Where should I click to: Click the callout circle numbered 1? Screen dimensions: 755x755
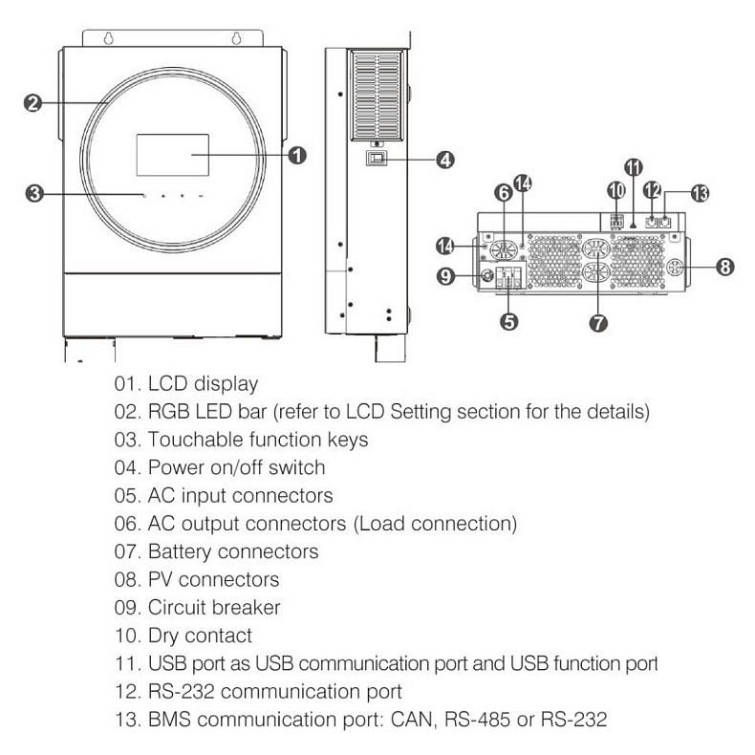[x=297, y=154]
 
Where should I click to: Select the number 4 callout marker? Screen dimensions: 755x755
[x=444, y=160]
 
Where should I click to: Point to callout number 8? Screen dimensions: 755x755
[x=725, y=267]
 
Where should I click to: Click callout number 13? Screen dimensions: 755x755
[x=701, y=194]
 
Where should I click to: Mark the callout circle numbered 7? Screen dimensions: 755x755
[x=598, y=323]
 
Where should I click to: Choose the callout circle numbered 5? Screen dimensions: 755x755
[x=509, y=321]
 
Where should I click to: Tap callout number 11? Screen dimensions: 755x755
[x=634, y=166]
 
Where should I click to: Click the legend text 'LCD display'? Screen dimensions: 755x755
[x=202, y=384]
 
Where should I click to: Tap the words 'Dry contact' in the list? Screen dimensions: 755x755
[x=200, y=635]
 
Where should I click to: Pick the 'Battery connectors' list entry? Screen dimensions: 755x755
[x=233, y=551]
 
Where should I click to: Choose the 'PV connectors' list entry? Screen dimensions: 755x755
[x=213, y=579]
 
